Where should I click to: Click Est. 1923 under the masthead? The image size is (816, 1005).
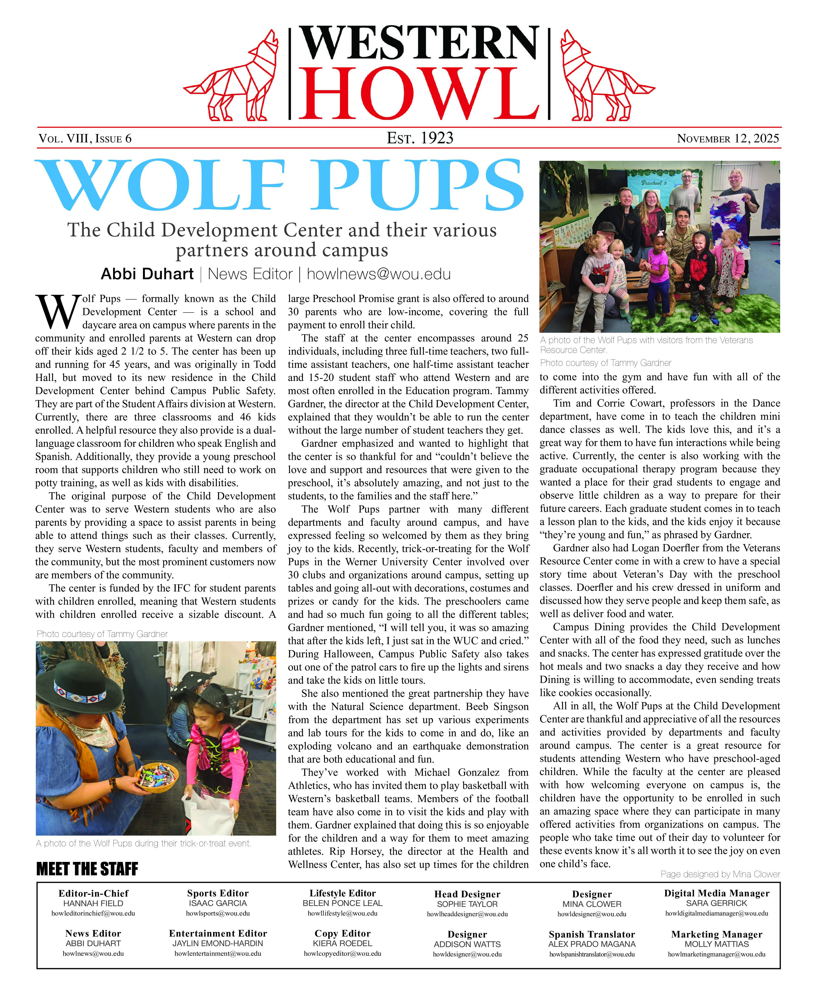point(420,138)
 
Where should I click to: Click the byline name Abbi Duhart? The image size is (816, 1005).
point(147,274)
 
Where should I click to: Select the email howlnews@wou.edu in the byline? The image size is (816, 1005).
point(378,274)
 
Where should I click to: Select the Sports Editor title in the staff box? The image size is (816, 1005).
point(218,893)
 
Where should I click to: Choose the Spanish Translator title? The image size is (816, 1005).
point(592,934)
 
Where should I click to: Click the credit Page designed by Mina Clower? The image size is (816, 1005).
point(720,874)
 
